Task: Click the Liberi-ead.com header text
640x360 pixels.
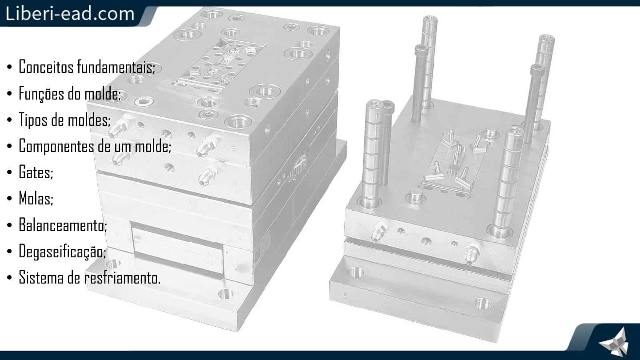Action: coord(70,13)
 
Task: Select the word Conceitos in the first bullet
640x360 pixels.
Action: coord(46,67)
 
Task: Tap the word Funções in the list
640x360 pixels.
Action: coord(42,93)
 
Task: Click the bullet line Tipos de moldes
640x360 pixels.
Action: coord(64,120)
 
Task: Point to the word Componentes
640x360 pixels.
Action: coord(56,146)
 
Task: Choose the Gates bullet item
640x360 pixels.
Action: coord(36,172)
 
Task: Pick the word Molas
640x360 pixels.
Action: coord(36,198)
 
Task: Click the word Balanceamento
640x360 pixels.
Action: coord(63,224)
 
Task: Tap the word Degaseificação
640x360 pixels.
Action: coord(62,251)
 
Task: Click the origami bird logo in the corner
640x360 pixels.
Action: coord(615,342)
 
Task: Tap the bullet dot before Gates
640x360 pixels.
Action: coord(10,172)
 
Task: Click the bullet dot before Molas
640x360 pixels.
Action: coord(10,199)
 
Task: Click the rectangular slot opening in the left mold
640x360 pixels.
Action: coord(178,249)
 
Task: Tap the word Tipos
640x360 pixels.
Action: coord(32,120)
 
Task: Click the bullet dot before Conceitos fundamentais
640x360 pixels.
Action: coord(10,67)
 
